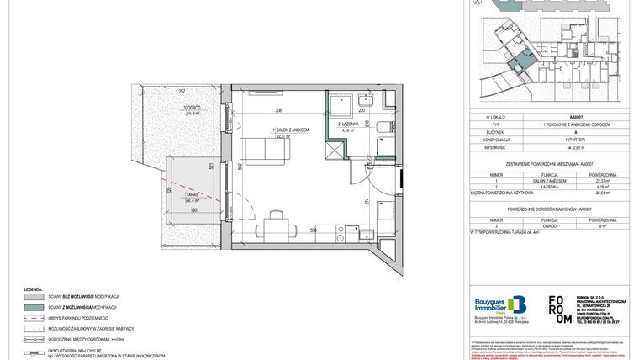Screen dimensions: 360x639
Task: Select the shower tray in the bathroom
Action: click(x=339, y=104)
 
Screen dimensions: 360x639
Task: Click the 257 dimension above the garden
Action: click(x=182, y=91)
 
